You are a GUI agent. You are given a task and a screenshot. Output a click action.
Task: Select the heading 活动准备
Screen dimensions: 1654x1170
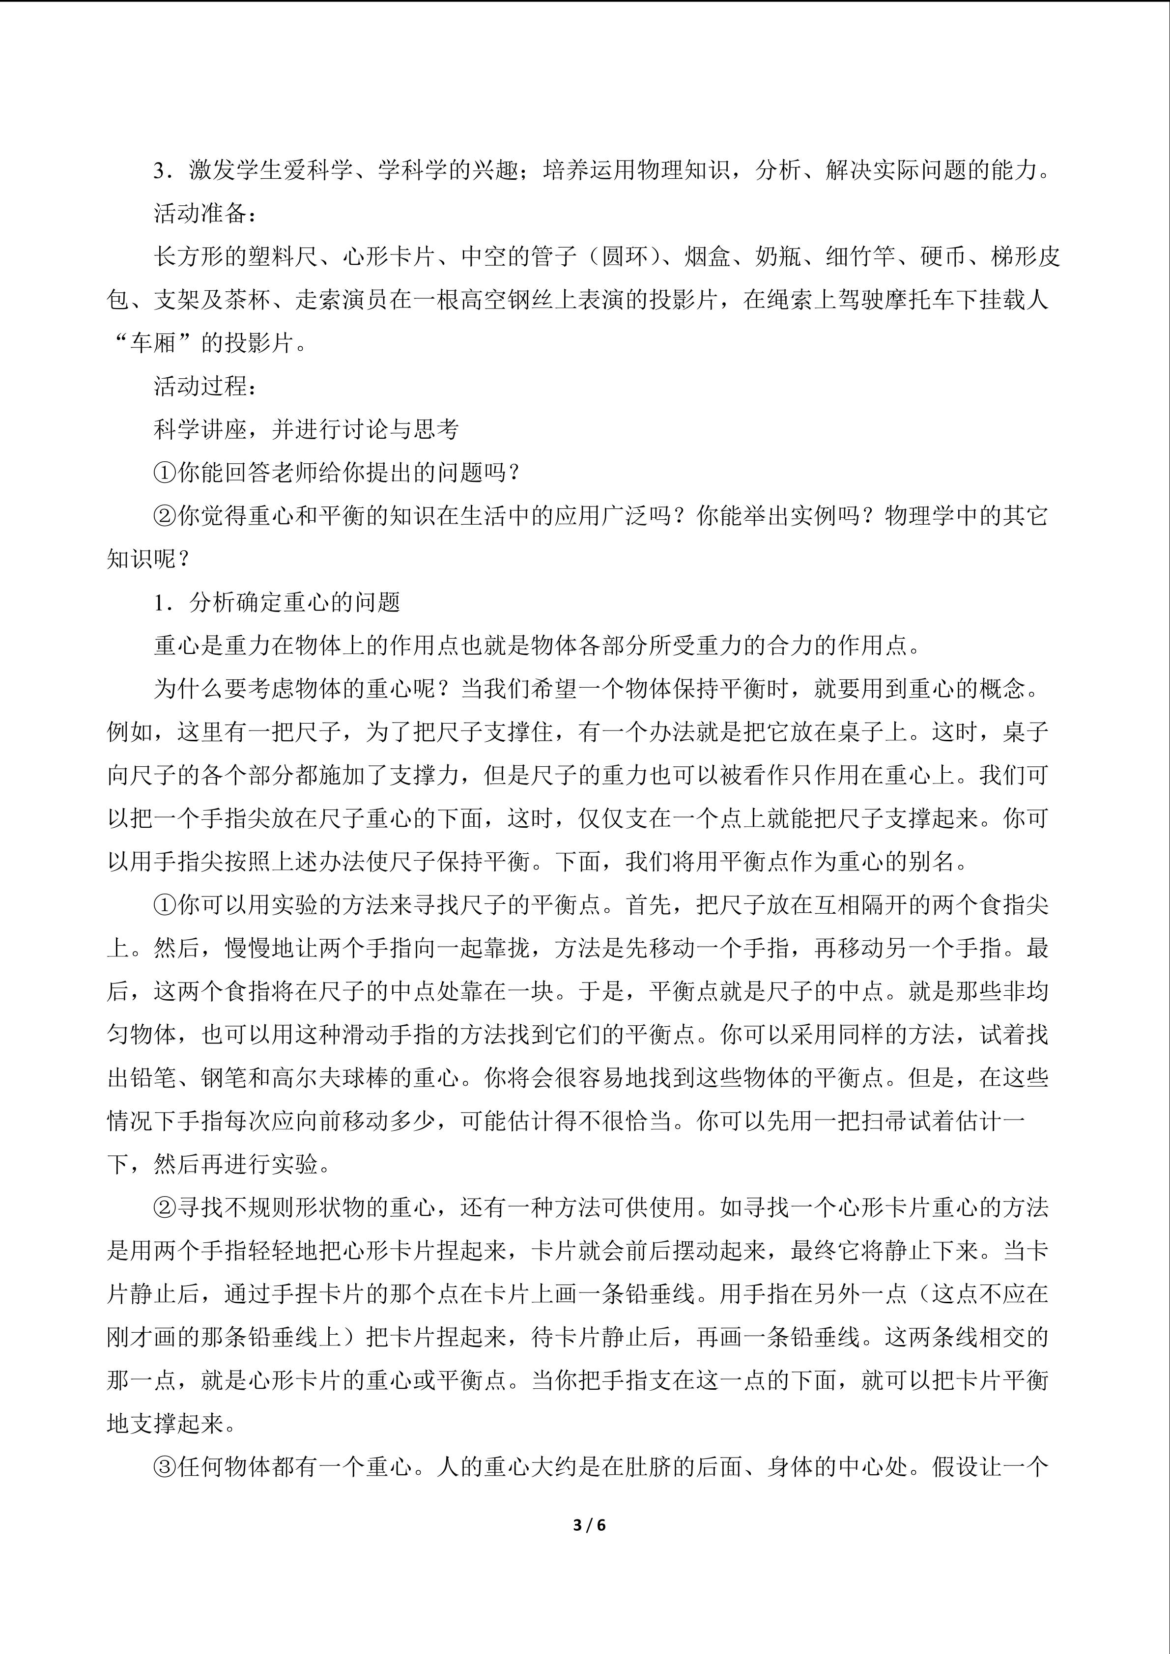click(x=200, y=214)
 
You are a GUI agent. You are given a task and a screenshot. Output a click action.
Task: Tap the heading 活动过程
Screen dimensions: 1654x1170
click(x=200, y=386)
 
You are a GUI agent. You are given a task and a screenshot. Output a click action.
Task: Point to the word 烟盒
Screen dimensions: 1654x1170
click(x=707, y=257)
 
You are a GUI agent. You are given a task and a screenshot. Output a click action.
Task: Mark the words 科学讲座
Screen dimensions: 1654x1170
click(x=200, y=430)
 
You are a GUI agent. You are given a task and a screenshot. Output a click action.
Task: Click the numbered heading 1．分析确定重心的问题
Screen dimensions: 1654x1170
click(x=277, y=602)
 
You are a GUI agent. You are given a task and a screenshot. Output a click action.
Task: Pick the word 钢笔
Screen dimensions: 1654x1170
click(x=213, y=1078)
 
